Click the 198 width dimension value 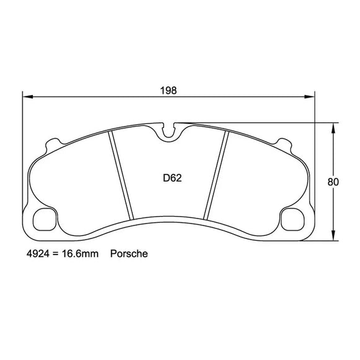[x=168, y=90]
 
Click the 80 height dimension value [x=333, y=182]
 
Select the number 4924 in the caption [x=38, y=254]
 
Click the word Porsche [x=128, y=254]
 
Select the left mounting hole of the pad [x=47, y=220]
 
